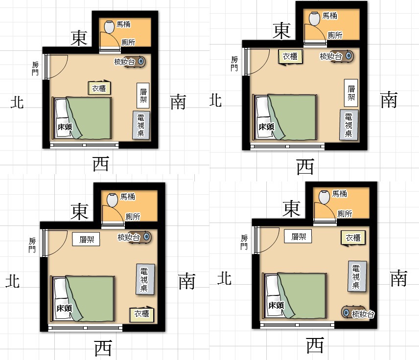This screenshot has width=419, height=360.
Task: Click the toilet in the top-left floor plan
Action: [109, 27]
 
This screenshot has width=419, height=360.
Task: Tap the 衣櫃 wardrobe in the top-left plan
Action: [99, 88]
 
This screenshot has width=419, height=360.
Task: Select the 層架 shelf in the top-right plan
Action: [351, 92]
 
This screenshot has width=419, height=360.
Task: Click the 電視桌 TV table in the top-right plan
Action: [349, 125]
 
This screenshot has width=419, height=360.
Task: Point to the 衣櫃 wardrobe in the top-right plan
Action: [290, 57]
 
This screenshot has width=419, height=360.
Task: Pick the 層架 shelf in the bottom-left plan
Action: [86, 239]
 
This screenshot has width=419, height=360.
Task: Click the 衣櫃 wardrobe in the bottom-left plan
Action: [141, 314]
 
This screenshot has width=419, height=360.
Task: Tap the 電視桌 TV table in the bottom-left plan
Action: [145, 279]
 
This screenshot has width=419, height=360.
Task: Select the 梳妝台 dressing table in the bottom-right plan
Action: [357, 313]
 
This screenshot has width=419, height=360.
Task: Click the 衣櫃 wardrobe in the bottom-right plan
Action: [353, 238]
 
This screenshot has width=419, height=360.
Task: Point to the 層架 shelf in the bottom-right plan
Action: [298, 236]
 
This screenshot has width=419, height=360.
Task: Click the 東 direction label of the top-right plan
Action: [281, 31]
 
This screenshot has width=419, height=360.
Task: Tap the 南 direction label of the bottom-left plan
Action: [187, 281]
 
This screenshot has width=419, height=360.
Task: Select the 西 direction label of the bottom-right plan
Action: [315, 345]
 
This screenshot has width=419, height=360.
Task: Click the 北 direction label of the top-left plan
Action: [17, 103]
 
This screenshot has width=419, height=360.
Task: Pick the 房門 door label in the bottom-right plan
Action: [244, 242]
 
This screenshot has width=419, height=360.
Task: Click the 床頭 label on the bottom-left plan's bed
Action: [65, 308]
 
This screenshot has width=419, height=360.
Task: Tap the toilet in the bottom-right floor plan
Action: [324, 197]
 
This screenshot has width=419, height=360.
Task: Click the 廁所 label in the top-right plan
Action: [335, 35]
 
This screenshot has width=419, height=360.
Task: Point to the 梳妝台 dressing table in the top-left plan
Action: [130, 62]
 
